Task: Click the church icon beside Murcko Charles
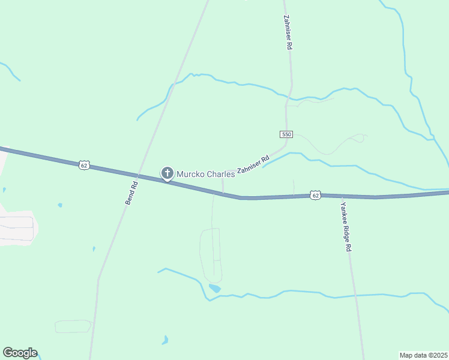coord(167,174)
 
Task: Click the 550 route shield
coord(286,134)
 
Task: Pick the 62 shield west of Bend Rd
coord(83,164)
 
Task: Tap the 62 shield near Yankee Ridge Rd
coord(316,195)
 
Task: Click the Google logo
coord(20,353)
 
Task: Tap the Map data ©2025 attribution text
coord(423,355)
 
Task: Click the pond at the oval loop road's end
coord(214,289)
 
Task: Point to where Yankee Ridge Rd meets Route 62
coord(341,196)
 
